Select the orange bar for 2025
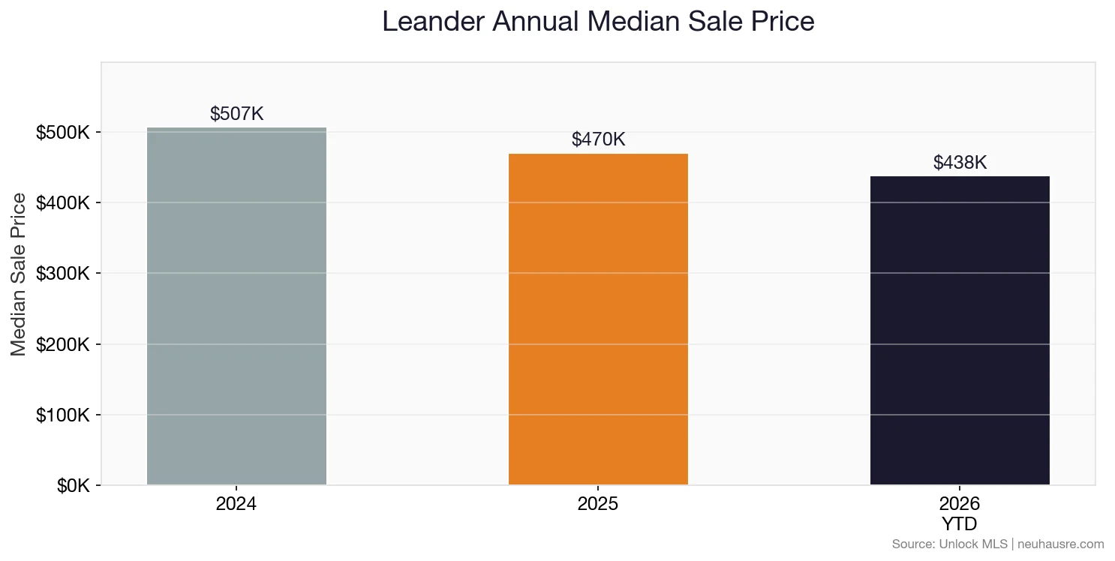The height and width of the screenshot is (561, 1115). coord(598,319)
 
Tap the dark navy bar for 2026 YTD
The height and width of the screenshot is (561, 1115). coord(960,331)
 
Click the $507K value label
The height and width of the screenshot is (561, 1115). coord(236,114)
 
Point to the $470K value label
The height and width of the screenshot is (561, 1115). coord(598,139)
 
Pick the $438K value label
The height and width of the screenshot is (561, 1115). coord(960,163)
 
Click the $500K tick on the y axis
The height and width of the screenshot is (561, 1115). coord(63,133)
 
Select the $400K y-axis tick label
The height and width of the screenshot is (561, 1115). coord(63,203)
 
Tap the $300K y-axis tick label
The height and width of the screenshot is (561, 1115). coord(63,274)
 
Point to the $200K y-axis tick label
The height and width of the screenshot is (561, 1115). coord(63,345)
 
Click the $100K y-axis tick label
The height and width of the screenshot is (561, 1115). coord(63,415)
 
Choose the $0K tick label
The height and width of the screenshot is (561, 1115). coord(73,486)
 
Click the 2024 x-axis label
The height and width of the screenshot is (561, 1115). coord(236,504)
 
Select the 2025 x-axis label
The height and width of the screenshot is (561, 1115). coord(598,504)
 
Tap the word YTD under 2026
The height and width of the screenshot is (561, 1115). coord(960,523)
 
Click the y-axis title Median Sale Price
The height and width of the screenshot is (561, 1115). coord(19,274)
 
